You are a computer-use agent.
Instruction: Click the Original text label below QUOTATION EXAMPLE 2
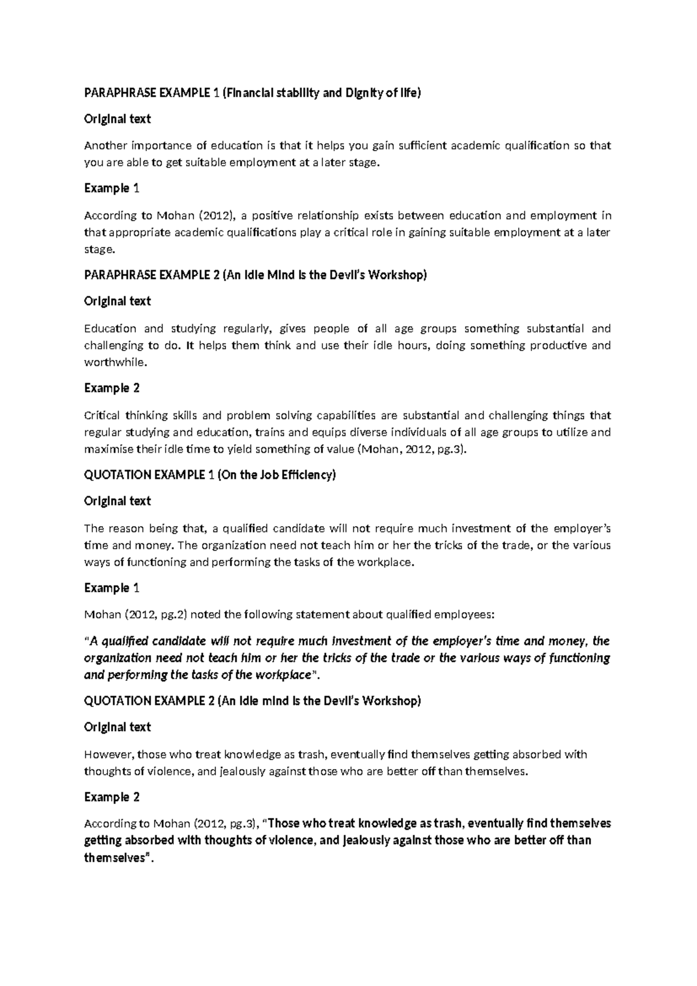click(x=117, y=727)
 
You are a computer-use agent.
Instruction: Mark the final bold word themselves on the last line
click(x=114, y=858)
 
